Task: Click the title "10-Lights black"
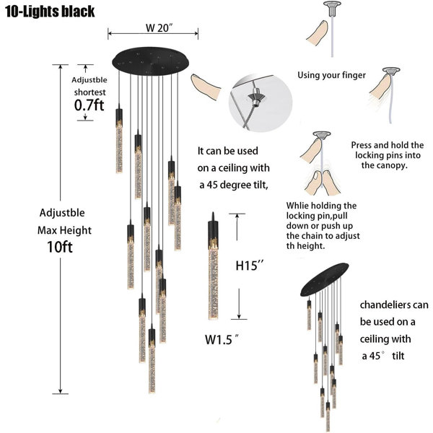50,12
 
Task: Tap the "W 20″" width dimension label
159,27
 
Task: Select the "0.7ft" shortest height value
89,105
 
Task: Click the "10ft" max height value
60,247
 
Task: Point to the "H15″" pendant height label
250,266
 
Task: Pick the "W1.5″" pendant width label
222,339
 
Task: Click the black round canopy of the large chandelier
151,61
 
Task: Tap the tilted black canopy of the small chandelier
325,279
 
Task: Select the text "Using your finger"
331,75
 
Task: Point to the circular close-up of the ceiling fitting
260,102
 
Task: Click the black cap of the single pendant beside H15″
213,231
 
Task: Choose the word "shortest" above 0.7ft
89,92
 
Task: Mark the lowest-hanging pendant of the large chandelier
152,358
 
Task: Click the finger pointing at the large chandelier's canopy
206,86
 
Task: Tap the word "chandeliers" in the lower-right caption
382,305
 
